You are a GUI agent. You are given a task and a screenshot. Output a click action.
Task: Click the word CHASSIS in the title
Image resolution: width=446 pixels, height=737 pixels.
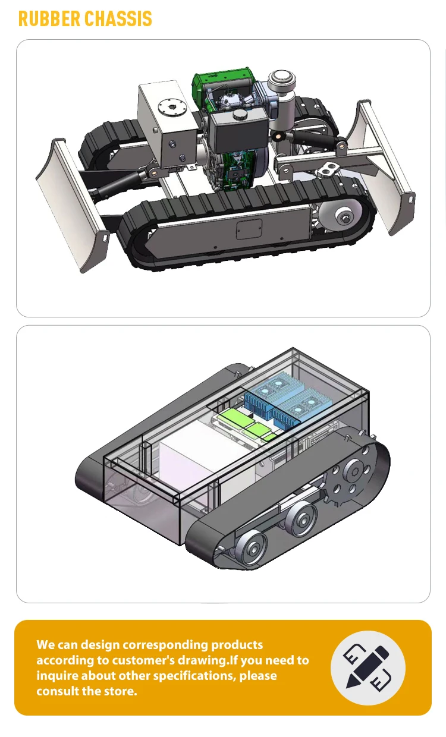[118, 18]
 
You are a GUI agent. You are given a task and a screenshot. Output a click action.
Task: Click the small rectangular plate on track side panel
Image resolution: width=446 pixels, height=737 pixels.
[249, 228]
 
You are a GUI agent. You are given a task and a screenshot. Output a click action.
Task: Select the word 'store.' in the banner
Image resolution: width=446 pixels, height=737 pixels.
[121, 691]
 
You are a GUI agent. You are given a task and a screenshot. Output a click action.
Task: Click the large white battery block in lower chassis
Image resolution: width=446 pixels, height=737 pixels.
[196, 464]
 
